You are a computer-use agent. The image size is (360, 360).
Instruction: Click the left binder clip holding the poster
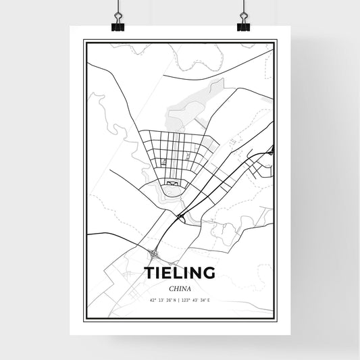[x=118, y=25]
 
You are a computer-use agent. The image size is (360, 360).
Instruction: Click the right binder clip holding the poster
[x=242, y=25]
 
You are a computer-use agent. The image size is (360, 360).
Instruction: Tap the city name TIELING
[x=180, y=274]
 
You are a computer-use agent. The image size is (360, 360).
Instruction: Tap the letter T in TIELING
[x=149, y=274]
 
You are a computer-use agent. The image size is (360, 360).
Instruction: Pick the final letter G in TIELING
[x=209, y=274]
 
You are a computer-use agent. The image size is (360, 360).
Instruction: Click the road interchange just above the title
[x=155, y=255]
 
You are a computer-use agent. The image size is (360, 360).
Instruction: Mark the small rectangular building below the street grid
[x=173, y=182]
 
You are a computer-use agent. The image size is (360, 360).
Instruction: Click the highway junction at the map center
[x=180, y=216]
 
